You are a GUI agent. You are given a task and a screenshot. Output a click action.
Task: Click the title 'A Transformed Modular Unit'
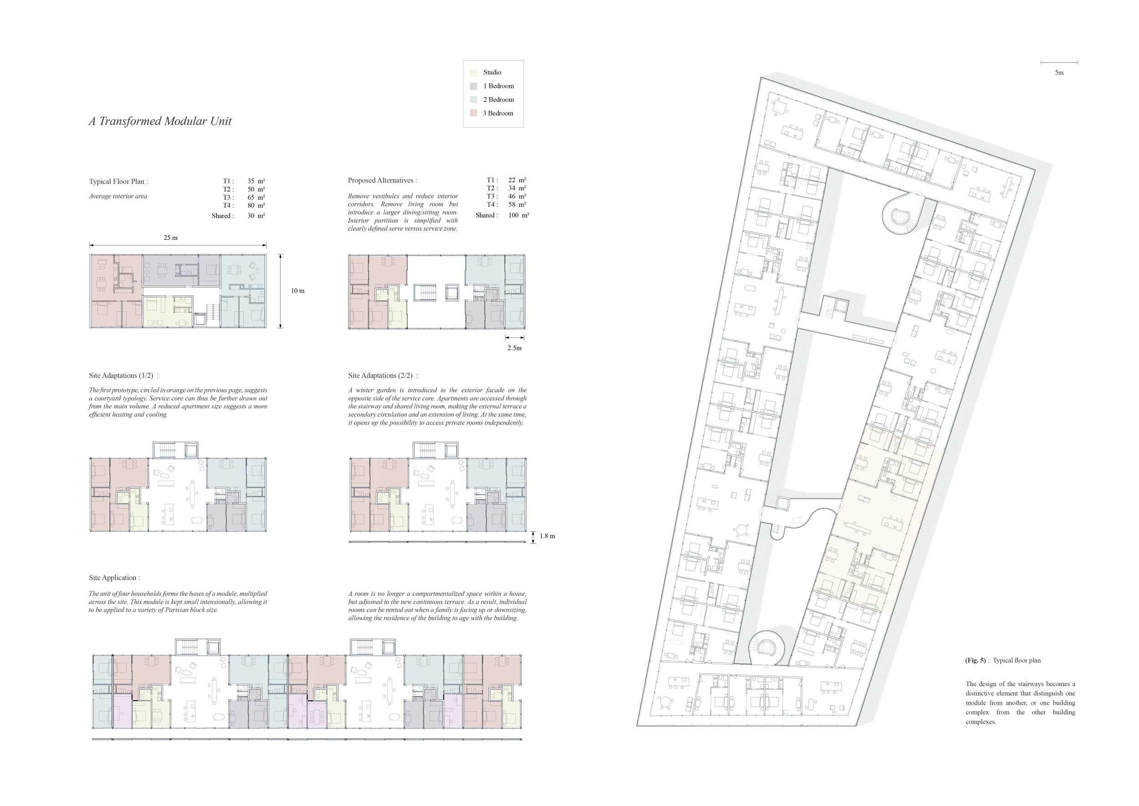[160, 121]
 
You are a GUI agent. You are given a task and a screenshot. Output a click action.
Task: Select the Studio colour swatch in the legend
[473, 72]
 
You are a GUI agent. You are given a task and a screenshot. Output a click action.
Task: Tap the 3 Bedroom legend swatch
[473, 113]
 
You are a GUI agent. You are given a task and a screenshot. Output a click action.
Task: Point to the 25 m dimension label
[171, 238]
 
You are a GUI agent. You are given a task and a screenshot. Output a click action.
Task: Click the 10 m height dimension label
[298, 291]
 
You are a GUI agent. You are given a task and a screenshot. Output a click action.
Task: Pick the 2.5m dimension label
[514, 348]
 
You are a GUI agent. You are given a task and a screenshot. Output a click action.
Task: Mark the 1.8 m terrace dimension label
[547, 536]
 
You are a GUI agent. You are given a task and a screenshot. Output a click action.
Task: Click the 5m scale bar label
[1059, 72]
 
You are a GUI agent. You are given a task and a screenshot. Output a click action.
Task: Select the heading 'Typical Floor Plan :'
[118, 181]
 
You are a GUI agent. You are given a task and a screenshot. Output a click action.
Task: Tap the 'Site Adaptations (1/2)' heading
[123, 376]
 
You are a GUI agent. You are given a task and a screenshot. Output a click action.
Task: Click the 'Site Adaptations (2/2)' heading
[383, 376]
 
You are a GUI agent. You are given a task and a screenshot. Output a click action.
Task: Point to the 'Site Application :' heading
[115, 578]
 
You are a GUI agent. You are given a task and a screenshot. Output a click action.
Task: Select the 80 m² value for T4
[256, 206]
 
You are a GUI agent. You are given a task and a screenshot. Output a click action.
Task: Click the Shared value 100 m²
[518, 215]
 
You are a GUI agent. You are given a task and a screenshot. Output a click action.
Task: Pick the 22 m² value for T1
[517, 180]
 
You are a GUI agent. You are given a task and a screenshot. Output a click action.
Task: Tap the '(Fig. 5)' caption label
[975, 661]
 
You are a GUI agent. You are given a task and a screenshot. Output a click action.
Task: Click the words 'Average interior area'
[118, 196]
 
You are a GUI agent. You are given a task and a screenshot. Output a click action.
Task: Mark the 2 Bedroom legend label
[498, 100]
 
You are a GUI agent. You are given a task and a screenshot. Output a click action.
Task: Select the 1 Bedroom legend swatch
[473, 86]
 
